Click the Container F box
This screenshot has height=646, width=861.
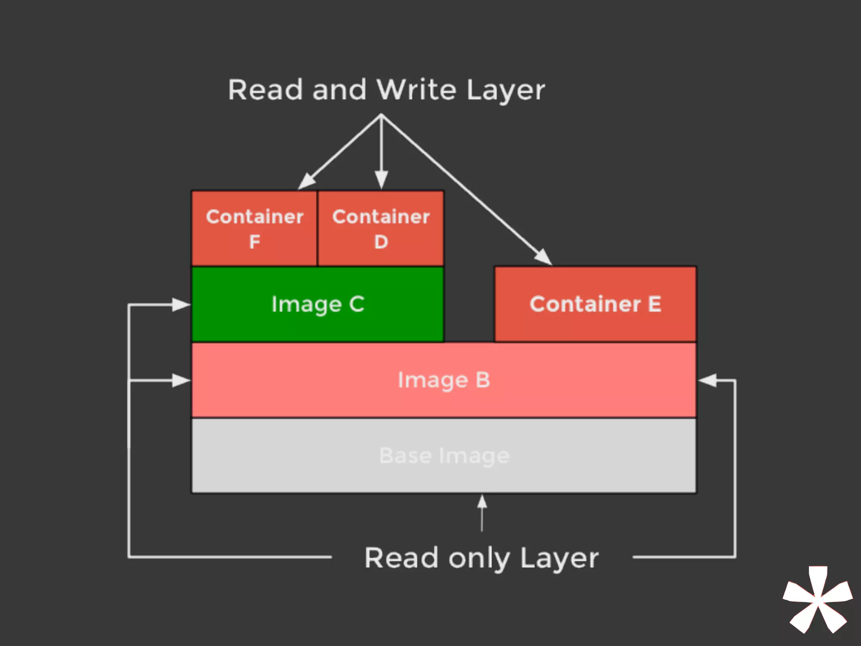[254, 228]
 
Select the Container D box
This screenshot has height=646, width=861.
[381, 228]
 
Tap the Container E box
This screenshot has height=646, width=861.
[595, 304]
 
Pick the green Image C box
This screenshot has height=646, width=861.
[317, 304]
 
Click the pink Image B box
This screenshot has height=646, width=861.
[444, 380]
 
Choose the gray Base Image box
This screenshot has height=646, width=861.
[444, 456]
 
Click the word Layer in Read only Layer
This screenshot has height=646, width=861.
[559, 559]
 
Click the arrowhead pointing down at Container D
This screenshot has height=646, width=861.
[381, 180]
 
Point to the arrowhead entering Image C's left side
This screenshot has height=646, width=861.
[182, 304]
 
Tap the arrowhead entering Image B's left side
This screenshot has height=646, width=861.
[182, 381]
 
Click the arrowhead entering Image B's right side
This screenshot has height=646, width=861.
[707, 380]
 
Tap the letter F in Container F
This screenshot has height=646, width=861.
[254, 242]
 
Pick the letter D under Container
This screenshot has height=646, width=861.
[381, 242]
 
